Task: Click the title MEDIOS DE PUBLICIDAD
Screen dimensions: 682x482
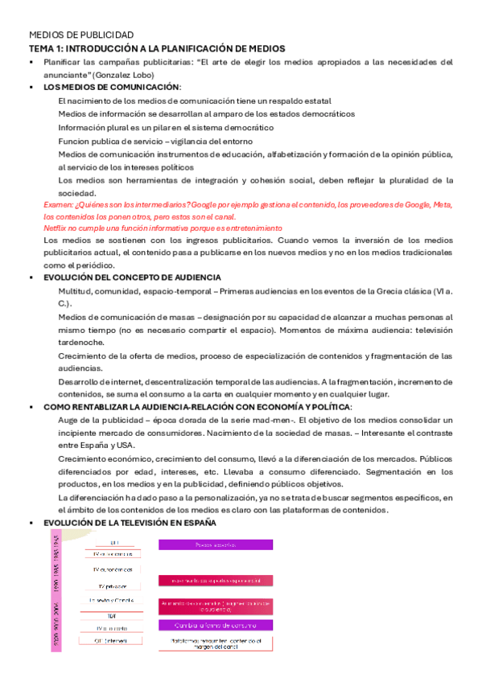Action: coord(81,35)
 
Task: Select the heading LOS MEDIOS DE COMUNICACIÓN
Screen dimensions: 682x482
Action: coord(112,87)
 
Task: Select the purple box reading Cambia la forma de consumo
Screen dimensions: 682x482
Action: coord(215,624)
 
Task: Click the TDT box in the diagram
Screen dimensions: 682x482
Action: coord(113,614)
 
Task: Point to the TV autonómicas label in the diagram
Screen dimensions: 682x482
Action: coord(113,569)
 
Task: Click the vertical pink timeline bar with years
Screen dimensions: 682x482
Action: coord(59,595)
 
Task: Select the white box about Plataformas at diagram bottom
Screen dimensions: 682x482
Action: coord(215,643)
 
